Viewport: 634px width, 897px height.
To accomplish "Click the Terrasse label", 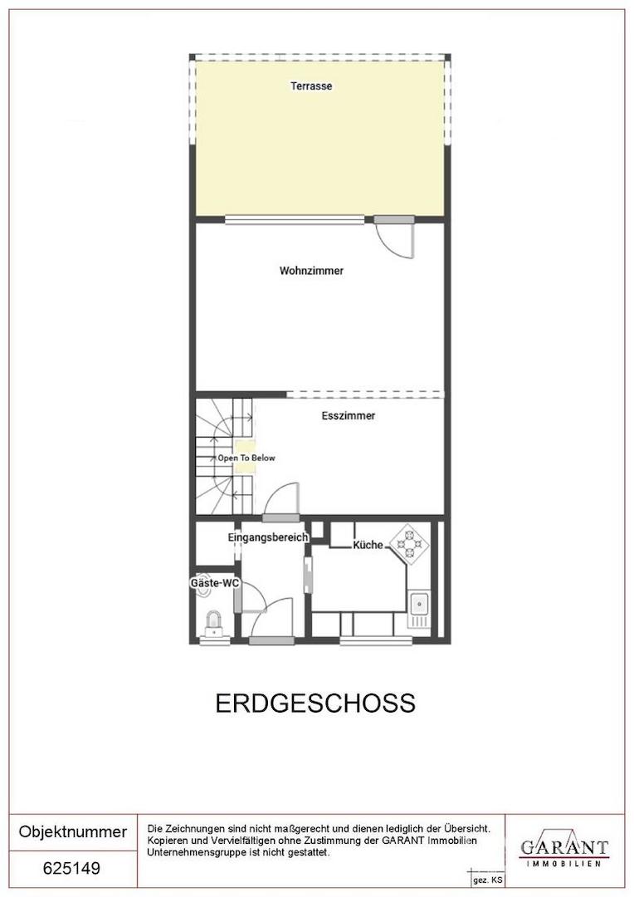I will coord(311,86).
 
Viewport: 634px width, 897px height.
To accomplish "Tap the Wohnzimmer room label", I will coord(311,271).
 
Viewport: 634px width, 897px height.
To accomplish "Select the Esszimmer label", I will coord(348,416).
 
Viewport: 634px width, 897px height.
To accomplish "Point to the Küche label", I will coord(368,546).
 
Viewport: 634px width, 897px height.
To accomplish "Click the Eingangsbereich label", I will coord(268,537).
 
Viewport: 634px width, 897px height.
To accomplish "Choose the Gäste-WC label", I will coord(215,584).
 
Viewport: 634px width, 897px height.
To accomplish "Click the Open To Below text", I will coord(246,458).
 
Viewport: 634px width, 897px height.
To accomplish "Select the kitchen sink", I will coord(419,609).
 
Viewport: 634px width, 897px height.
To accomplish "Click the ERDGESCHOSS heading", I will coord(315,703).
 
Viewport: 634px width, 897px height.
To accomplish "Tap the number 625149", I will coord(71,869).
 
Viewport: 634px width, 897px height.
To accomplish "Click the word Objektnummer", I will coord(73,832).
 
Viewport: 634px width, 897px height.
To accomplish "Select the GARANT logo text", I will coord(564,848).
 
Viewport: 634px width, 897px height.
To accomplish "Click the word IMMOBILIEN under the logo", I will coord(564,864).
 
